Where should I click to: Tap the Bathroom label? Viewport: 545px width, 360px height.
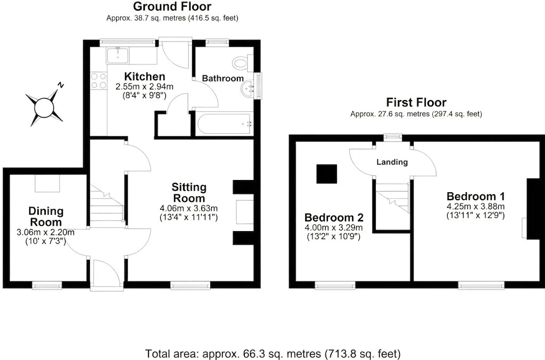tap(223, 78)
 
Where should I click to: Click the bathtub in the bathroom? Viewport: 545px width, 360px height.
tap(223, 124)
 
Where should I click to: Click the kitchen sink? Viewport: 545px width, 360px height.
tap(118, 56)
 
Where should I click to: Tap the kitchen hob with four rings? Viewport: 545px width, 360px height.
tap(98, 80)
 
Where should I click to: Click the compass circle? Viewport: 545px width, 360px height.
tap(44, 107)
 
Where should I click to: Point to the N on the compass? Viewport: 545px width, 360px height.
tap(61, 85)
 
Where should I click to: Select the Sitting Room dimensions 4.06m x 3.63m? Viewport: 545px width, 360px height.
tap(189, 209)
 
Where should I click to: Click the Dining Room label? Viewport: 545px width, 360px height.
tap(46, 216)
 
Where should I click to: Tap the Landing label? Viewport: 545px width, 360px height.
tap(392, 162)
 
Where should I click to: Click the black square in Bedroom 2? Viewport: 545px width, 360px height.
tap(327, 174)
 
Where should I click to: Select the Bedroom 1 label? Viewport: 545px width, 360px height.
tap(475, 196)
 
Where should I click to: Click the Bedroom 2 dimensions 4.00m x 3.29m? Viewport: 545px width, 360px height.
tap(334, 228)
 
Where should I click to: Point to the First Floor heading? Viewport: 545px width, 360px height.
tap(416, 103)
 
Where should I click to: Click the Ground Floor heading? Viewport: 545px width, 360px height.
tap(172, 6)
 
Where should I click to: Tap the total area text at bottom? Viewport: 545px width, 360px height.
tap(272, 354)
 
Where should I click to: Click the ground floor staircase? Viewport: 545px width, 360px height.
tap(107, 205)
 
